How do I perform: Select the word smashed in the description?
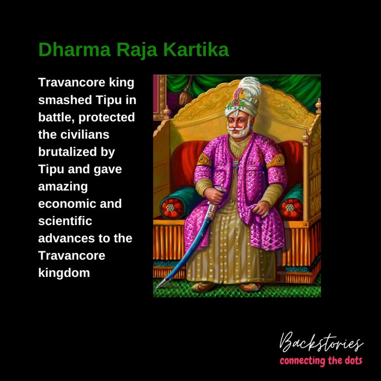(x=65, y=100)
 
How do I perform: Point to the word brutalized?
(x=67, y=152)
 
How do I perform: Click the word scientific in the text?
(x=65, y=221)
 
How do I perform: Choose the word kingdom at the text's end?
(x=64, y=273)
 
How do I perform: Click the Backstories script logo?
(x=321, y=342)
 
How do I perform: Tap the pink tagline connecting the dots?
(x=321, y=361)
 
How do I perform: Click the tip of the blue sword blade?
(x=157, y=288)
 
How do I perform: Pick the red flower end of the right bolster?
(x=291, y=208)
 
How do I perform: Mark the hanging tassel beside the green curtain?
(x=185, y=93)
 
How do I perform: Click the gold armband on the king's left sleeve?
(x=276, y=161)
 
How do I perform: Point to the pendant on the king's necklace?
(x=236, y=165)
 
